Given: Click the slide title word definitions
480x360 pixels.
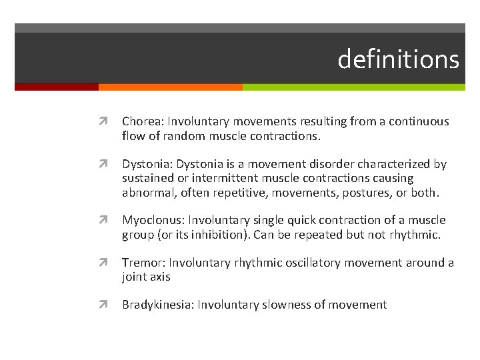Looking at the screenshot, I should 398,59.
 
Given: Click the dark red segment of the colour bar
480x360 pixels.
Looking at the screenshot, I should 56,87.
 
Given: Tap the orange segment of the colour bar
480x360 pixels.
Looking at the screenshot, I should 170,87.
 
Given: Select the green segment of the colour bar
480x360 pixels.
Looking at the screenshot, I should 353,87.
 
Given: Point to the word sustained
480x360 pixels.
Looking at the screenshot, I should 147,178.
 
